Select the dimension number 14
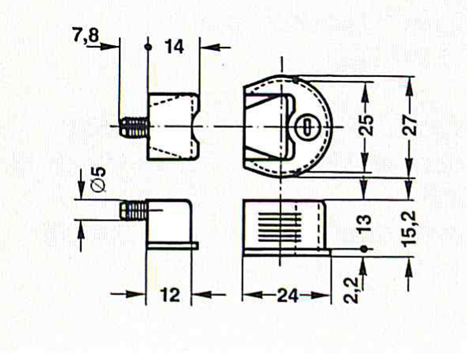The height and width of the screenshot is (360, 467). [174, 47]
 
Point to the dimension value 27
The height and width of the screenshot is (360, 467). [410, 125]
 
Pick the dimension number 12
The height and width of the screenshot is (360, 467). [170, 295]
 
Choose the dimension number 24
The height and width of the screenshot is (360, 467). [287, 296]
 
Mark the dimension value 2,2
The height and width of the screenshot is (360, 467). [351, 289]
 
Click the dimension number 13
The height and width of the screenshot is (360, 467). [365, 223]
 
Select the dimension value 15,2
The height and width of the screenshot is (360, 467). [410, 228]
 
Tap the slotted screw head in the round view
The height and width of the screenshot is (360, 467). [306, 127]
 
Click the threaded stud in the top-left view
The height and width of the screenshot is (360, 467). [134, 127]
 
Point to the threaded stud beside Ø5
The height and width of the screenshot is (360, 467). [134, 211]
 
